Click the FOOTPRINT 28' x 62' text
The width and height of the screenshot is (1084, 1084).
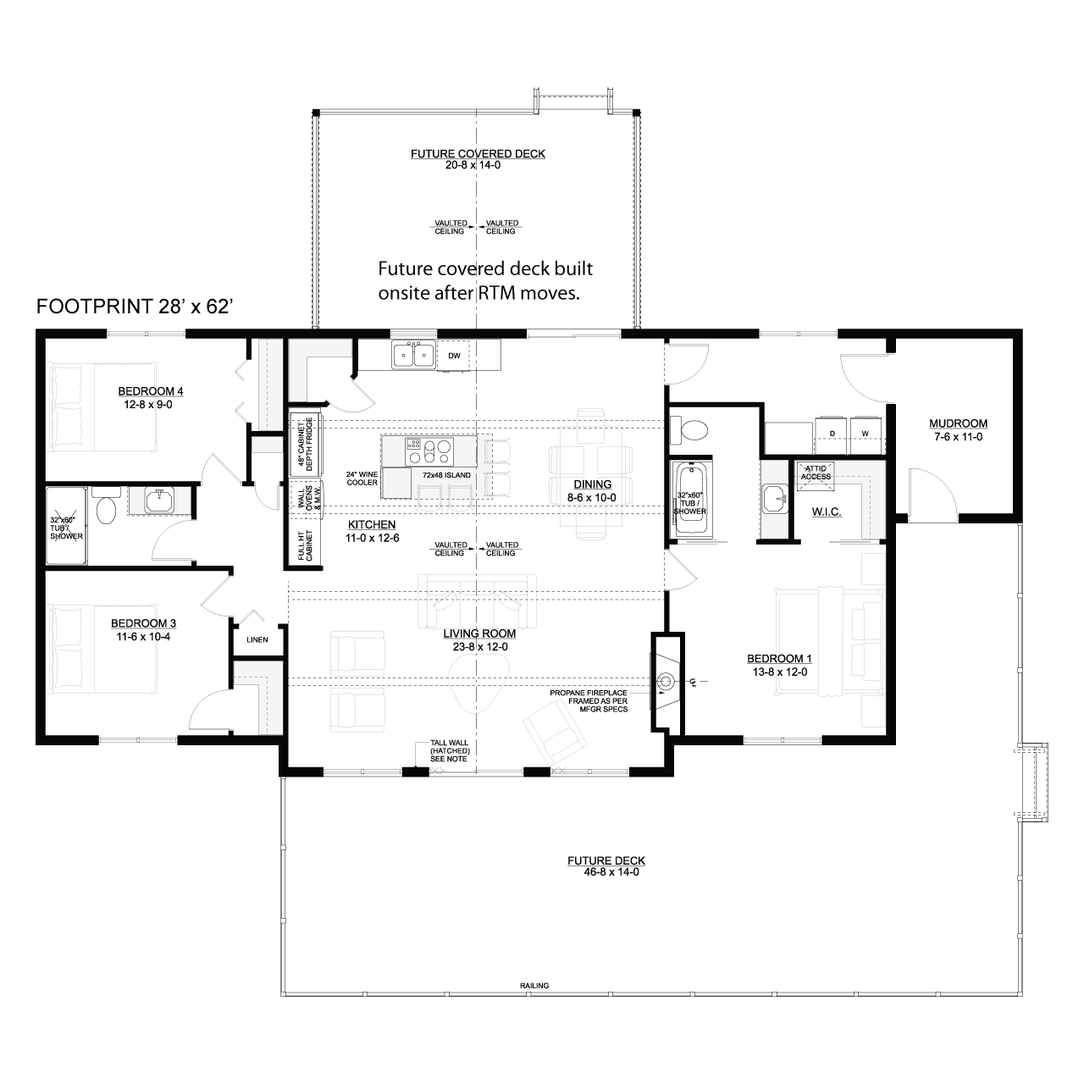(x=135, y=307)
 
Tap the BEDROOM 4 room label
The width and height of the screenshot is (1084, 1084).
(x=150, y=391)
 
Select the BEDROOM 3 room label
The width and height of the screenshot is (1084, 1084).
(x=143, y=623)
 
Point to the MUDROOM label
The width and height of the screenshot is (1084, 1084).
(x=958, y=423)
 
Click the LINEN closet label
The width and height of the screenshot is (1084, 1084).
(x=257, y=639)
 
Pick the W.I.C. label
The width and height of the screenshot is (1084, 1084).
(x=827, y=512)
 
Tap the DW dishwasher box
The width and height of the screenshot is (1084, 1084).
(x=453, y=356)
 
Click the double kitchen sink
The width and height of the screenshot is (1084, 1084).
(x=413, y=355)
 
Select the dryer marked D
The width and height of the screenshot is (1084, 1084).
(x=831, y=434)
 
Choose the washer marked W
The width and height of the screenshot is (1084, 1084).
(x=866, y=434)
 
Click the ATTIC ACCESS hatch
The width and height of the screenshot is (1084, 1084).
(x=815, y=473)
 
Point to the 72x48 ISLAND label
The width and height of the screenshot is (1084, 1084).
(x=446, y=475)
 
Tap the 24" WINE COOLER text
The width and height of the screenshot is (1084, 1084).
(x=362, y=478)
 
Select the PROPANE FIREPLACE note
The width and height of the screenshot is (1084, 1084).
(x=589, y=701)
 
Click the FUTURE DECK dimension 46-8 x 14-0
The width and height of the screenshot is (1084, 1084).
(x=611, y=872)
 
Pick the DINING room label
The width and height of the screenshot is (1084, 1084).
(x=592, y=484)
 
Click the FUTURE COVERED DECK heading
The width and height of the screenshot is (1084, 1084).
(x=478, y=153)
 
